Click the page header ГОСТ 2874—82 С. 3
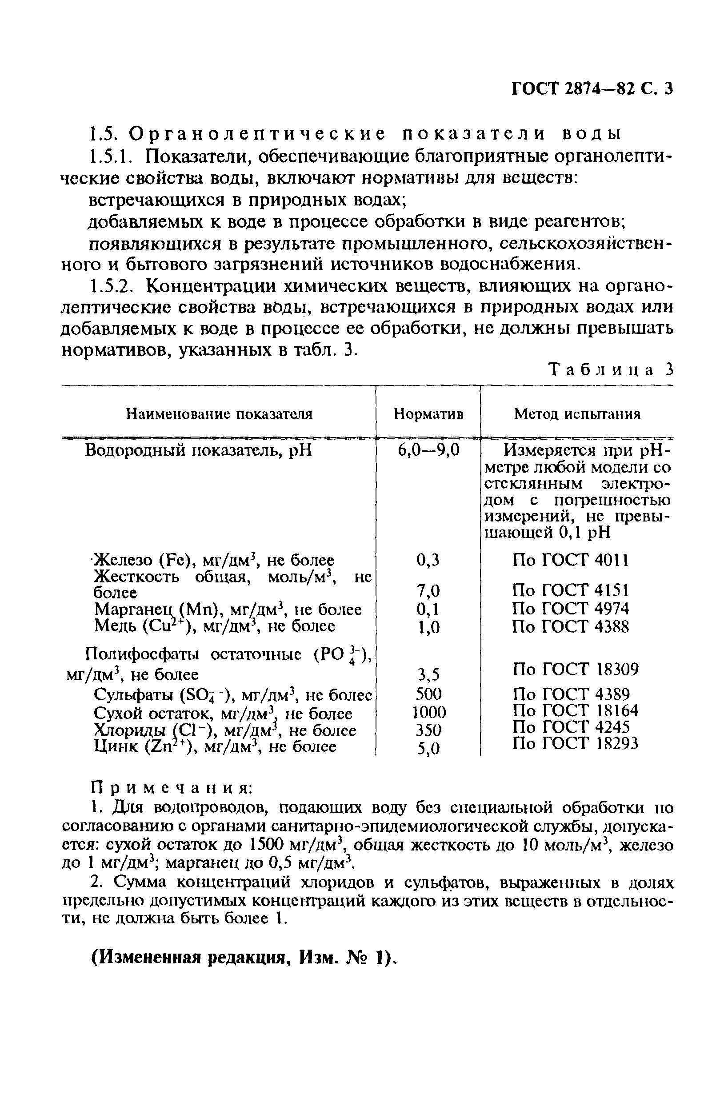591,88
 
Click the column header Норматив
428,414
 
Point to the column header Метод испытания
576,414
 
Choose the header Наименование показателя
219,414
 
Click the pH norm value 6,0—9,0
428,451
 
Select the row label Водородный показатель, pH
198,451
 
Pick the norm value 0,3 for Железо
428,560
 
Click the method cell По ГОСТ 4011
570,560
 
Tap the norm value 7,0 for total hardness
428,591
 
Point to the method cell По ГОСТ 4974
570,609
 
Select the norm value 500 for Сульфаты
428,694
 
